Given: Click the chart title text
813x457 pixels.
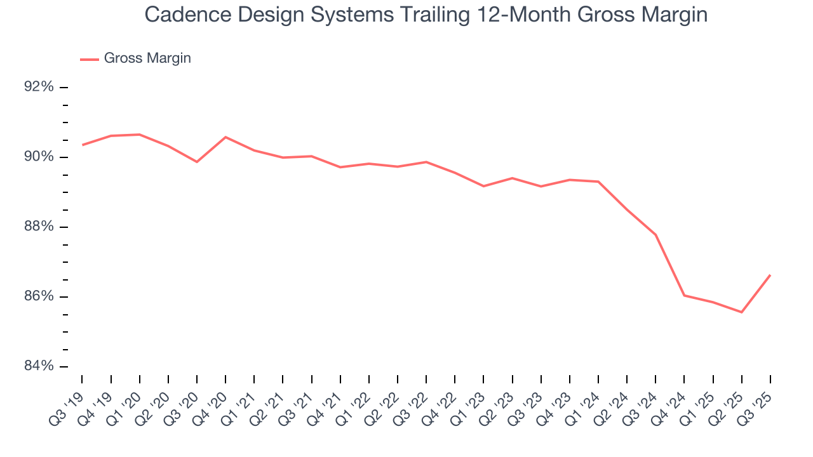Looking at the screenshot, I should tap(426, 15).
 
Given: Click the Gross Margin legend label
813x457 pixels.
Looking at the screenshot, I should tap(147, 58).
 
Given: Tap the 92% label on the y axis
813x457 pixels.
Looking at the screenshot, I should tap(39, 87).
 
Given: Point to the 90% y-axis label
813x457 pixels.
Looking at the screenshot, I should tap(39, 157).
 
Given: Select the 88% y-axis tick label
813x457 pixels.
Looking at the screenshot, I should tap(39, 227).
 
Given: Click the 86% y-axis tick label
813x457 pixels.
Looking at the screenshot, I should tap(39, 296).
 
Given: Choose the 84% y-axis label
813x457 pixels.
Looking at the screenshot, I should tap(39, 366).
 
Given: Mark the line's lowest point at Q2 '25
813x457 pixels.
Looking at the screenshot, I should tap(741, 312).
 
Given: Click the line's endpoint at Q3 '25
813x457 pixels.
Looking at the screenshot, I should tap(770, 275).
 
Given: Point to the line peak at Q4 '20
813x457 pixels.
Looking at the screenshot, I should tap(225, 137).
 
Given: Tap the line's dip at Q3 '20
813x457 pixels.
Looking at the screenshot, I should tap(197, 162).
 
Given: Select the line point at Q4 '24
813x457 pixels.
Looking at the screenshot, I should tap(684, 295).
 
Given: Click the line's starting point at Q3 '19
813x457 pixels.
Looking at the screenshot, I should tap(83, 145).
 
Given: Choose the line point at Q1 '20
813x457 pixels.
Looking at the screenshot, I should tap(140, 135).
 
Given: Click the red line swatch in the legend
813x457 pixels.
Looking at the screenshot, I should tap(89, 59).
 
